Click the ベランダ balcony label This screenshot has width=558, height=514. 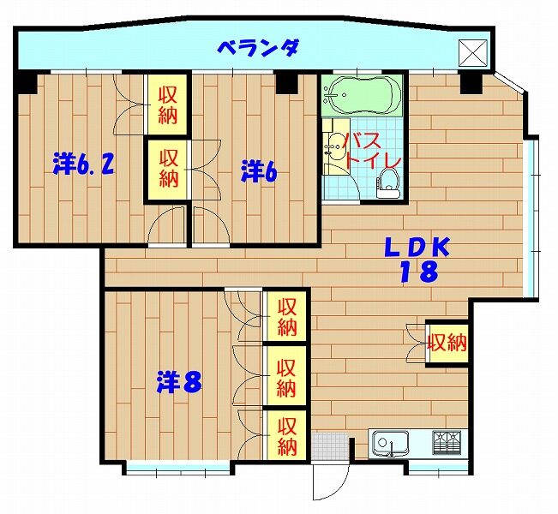(258, 48)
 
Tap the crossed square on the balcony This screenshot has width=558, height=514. (473, 52)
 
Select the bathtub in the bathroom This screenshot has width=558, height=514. (362, 95)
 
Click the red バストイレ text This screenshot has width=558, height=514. (372, 152)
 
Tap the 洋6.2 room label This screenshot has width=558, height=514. (84, 164)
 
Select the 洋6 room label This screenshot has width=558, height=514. (259, 171)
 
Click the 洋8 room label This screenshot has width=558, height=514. (180, 382)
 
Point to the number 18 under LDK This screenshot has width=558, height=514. (419, 272)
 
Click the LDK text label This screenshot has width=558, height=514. (417, 248)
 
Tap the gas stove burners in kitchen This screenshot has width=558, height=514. (447, 443)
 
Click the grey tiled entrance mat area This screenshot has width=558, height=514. (329, 447)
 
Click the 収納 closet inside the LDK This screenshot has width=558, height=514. (447, 344)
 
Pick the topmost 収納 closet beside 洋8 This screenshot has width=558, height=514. (287, 317)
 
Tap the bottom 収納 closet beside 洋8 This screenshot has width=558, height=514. (287, 436)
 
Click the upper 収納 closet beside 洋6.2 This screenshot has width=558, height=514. (167, 105)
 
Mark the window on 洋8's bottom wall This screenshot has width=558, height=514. (178, 468)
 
